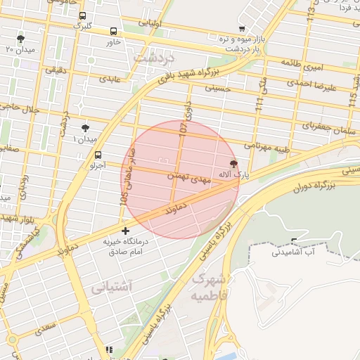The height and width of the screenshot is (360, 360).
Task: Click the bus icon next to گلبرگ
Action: pyautogui.click(x=83, y=15)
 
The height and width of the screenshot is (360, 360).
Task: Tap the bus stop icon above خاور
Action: pyautogui.click(x=114, y=31)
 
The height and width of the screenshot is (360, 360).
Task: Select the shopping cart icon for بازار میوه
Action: pyautogui.click(x=242, y=29)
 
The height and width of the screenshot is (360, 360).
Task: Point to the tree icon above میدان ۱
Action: pyautogui.click(x=85, y=128)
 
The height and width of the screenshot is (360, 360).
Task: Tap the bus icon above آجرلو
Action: pyautogui.click(x=97, y=155)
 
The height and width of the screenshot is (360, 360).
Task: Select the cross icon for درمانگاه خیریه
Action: pyautogui.click(x=125, y=231)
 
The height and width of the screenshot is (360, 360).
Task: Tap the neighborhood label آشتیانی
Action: pyautogui.click(x=109, y=287)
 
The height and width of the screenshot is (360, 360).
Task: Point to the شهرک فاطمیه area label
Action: pyautogui.click(x=209, y=286)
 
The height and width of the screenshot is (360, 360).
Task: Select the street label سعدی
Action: pyautogui.click(x=46, y=328)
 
